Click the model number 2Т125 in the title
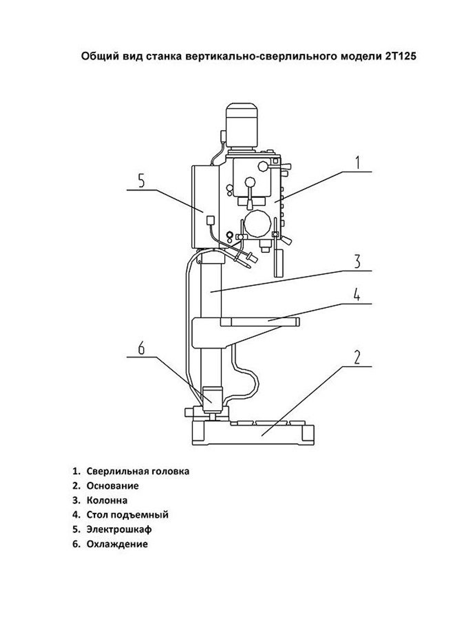pos(401,56)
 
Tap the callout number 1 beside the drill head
pos(358,163)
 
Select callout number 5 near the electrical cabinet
pos(142,181)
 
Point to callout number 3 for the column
pos(357,262)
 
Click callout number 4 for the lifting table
pos(357,294)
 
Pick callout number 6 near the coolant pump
pos(142,348)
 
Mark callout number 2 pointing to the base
pos(357,357)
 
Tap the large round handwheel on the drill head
pos(257,224)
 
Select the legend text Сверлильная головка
pos(138,471)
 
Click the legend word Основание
pos(113,485)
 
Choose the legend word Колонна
pos(107,500)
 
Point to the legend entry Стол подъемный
pos(127,514)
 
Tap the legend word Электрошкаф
pos(119,529)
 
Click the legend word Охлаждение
pos(117,544)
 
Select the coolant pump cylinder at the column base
pos(212,399)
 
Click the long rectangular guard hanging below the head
pos(278,263)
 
